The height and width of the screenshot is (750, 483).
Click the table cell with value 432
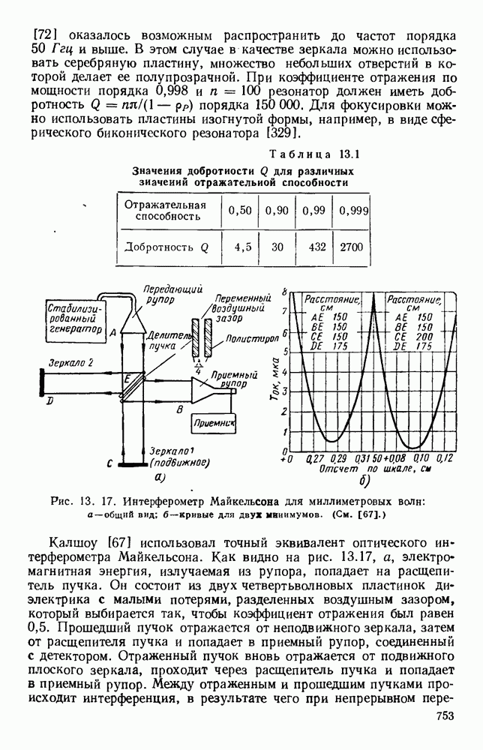pos(313,246)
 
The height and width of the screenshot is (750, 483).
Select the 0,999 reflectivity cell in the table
pos(353,211)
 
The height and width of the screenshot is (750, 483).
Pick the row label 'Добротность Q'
pos(166,246)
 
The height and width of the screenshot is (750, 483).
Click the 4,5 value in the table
pos(241,246)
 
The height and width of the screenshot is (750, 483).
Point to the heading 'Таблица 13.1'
pos(316,155)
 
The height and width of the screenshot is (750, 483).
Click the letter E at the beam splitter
pos(129,376)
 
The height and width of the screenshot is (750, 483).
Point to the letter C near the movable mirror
pos(109,464)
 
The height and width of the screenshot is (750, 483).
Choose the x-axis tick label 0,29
pos(339,458)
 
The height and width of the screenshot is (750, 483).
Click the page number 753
pos(445,737)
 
